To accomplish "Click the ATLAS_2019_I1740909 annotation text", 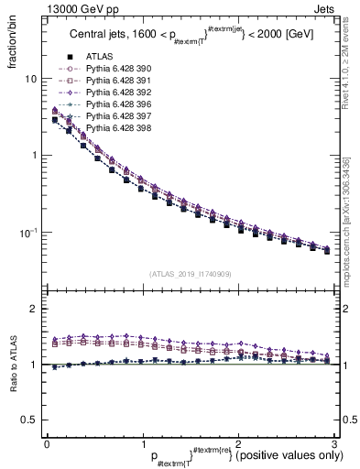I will [190, 274].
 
